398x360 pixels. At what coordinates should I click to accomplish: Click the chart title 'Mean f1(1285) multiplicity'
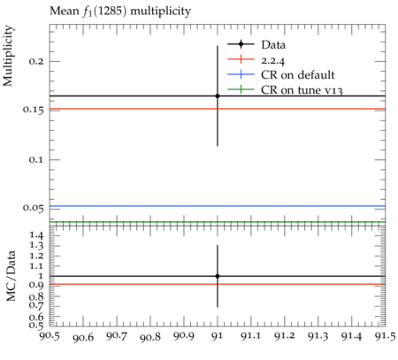coord(120,11)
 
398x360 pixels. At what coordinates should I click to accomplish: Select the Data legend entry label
coord(273,45)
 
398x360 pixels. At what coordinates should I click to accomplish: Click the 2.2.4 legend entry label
coord(273,60)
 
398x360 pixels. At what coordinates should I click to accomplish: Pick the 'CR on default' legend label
coord(298,75)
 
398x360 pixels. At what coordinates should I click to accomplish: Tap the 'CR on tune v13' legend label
coord(302,90)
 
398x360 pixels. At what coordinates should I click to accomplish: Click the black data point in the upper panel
coord(218,96)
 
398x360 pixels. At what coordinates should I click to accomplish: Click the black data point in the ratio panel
coord(218,276)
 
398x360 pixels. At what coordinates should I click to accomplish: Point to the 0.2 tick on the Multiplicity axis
coord(36,61)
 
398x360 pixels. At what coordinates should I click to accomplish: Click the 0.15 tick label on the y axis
coord(34,110)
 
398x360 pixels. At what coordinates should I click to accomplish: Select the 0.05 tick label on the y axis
coord(34,208)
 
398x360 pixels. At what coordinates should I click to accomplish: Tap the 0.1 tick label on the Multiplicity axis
coord(36,159)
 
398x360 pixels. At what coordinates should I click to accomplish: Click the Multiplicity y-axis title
coord(8,56)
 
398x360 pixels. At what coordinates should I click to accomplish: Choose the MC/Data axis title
coord(11,276)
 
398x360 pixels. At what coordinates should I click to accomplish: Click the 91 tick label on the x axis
coord(218,336)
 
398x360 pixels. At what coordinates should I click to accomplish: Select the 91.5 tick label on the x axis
coord(386,336)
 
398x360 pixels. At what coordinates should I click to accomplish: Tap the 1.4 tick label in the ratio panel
coord(36,235)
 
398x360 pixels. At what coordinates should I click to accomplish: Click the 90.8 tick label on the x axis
coord(150,337)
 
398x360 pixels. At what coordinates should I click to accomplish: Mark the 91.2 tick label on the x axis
coord(285,336)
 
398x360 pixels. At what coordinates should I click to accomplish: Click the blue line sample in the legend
coord(241,74)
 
